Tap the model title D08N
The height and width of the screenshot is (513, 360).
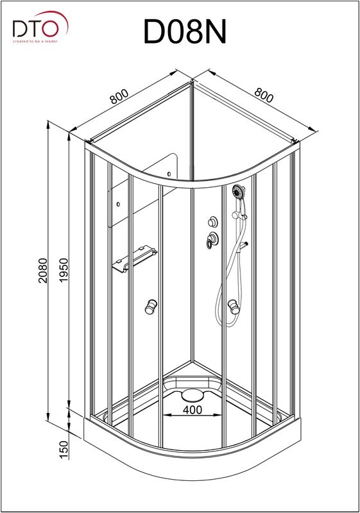[185, 31]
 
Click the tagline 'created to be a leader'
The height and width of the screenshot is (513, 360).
[35, 41]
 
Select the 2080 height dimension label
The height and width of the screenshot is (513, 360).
[43, 271]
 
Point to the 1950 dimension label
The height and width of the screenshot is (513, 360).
[64, 271]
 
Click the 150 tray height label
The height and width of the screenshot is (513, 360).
[64, 450]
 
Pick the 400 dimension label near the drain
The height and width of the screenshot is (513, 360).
[193, 410]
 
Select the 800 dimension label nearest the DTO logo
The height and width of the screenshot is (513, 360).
[119, 97]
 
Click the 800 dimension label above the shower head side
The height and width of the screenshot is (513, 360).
[264, 95]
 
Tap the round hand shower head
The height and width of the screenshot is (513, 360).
[239, 190]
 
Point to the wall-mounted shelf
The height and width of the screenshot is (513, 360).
[134, 259]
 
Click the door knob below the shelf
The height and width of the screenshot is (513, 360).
[151, 307]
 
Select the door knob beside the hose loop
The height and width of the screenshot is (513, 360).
[234, 307]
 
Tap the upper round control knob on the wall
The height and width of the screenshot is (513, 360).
[213, 222]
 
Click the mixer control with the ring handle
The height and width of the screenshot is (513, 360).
[212, 240]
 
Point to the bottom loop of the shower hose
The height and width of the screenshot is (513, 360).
[230, 323]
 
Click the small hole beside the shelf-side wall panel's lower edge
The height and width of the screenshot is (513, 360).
[118, 204]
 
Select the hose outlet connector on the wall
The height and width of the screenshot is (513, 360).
[243, 245]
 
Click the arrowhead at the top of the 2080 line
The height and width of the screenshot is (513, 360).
[48, 123]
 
